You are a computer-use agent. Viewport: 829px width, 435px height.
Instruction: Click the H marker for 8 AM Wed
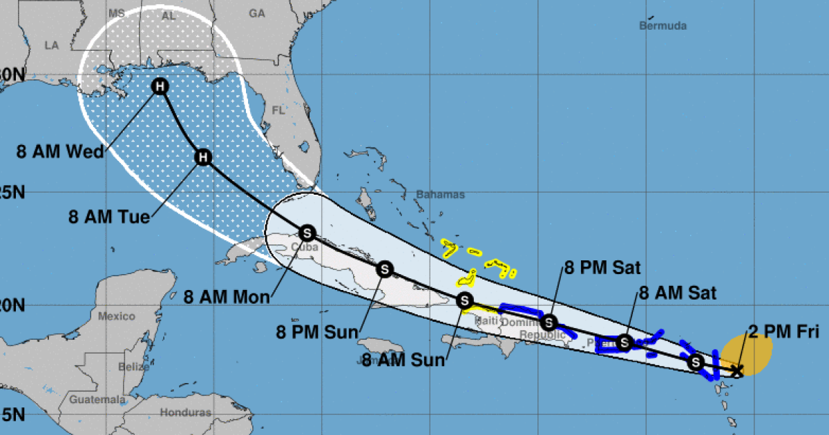click(x=160, y=86)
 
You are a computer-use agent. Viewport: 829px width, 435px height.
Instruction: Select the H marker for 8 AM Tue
click(x=202, y=157)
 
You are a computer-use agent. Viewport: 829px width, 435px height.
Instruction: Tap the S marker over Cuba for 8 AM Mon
click(x=307, y=232)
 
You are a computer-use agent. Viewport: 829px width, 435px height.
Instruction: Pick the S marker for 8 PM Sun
click(x=384, y=269)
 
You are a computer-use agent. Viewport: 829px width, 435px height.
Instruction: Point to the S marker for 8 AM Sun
click(x=465, y=300)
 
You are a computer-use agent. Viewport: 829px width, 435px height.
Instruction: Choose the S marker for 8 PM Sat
click(x=549, y=322)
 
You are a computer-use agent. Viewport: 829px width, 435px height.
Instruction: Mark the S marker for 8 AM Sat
click(x=624, y=342)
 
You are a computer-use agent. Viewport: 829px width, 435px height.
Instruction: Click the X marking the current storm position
click(x=737, y=371)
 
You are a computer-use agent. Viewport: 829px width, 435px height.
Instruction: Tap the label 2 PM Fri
click(x=783, y=333)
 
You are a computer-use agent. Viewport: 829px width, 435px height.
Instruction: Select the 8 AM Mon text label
click(x=227, y=298)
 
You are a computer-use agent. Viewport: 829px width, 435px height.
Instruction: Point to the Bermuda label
click(x=663, y=26)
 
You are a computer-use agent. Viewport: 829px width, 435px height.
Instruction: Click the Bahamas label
click(x=441, y=195)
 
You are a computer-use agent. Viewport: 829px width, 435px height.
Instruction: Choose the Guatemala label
click(x=97, y=400)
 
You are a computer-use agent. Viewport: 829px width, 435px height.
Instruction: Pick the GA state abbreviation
click(x=257, y=13)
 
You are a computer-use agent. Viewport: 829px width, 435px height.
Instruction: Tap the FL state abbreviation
click(x=278, y=110)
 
